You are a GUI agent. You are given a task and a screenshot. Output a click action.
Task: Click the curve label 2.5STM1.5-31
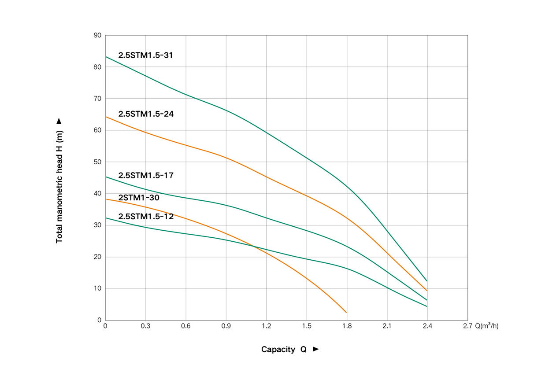tap(146, 55)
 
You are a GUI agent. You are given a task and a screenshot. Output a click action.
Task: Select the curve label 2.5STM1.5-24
tap(146, 114)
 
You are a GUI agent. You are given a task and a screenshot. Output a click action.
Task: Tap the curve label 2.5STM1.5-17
tap(146, 176)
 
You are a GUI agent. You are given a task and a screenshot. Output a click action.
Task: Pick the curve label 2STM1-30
tap(139, 198)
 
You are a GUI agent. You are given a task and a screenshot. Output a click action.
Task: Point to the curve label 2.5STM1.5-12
tap(146, 217)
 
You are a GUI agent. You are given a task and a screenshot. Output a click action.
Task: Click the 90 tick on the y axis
tap(97, 35)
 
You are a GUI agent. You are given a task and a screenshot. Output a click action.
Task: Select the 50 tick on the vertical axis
tap(97, 162)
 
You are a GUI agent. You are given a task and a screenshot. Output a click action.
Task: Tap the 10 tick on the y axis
tap(97, 289)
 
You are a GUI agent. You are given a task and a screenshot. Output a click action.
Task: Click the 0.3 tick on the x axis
tap(145, 326)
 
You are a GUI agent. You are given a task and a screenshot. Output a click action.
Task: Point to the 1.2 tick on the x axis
tap(267, 326)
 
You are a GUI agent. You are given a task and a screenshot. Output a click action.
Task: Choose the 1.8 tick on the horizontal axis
tap(347, 326)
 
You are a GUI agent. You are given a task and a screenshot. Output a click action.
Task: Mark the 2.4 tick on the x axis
tap(427, 326)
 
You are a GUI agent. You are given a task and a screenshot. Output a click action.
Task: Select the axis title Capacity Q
tap(284, 350)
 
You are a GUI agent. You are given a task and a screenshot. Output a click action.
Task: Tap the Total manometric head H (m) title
tap(59, 187)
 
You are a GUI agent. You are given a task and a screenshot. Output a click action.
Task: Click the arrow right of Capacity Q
tap(315, 350)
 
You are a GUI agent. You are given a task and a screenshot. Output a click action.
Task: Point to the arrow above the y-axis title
tap(59, 121)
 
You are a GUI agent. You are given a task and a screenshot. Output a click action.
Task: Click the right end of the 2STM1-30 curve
tap(347, 313)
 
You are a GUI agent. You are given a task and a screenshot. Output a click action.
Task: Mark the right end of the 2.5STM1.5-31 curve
tap(427, 281)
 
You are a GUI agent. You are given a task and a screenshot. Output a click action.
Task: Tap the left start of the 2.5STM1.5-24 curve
tap(106, 117)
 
